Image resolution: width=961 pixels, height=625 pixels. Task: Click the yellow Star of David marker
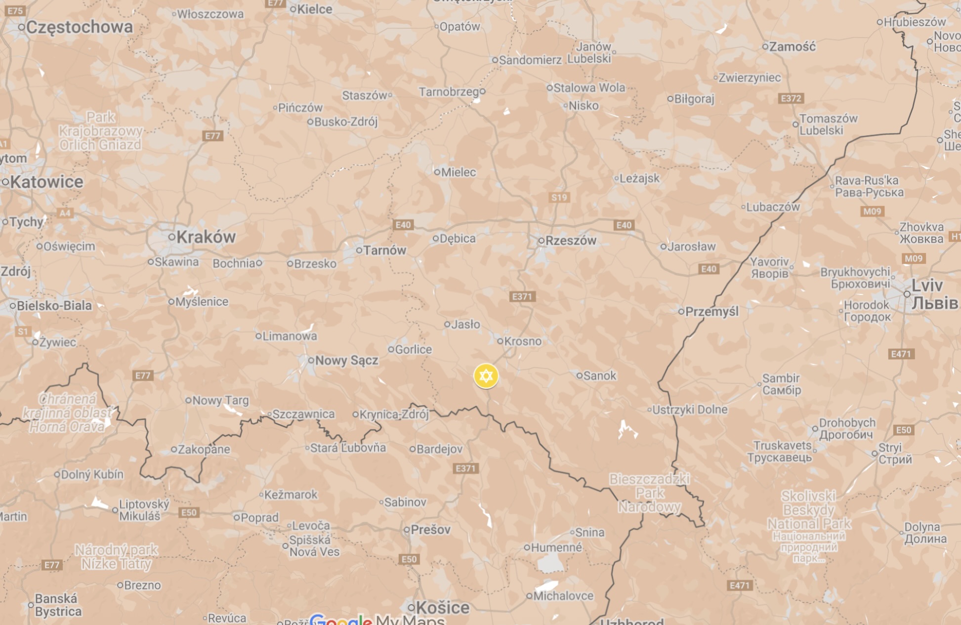486,376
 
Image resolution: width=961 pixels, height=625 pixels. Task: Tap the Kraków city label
206,237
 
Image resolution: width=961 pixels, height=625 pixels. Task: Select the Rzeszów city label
571,241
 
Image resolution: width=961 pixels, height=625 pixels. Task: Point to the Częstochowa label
79,27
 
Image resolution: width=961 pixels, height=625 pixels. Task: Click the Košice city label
442,607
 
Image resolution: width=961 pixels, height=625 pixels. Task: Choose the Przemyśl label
711,311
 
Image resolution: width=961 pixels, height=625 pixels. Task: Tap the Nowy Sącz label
346,361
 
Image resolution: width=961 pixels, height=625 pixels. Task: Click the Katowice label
46,182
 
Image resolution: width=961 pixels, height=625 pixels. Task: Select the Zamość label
792,47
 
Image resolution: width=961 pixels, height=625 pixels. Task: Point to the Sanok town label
599,376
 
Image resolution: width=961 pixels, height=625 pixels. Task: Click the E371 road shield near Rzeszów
522,296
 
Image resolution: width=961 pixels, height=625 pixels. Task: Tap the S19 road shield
559,198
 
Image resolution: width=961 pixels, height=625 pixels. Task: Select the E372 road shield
791,98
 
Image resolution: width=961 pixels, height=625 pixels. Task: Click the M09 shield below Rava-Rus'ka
872,211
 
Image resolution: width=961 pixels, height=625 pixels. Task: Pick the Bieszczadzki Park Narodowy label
649,493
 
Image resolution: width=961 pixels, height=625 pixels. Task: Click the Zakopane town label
204,450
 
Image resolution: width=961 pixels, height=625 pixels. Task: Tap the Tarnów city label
384,250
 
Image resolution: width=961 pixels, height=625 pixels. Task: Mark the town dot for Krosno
500,341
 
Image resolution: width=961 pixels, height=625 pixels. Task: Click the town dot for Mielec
437,172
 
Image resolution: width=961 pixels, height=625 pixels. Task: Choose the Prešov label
430,530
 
